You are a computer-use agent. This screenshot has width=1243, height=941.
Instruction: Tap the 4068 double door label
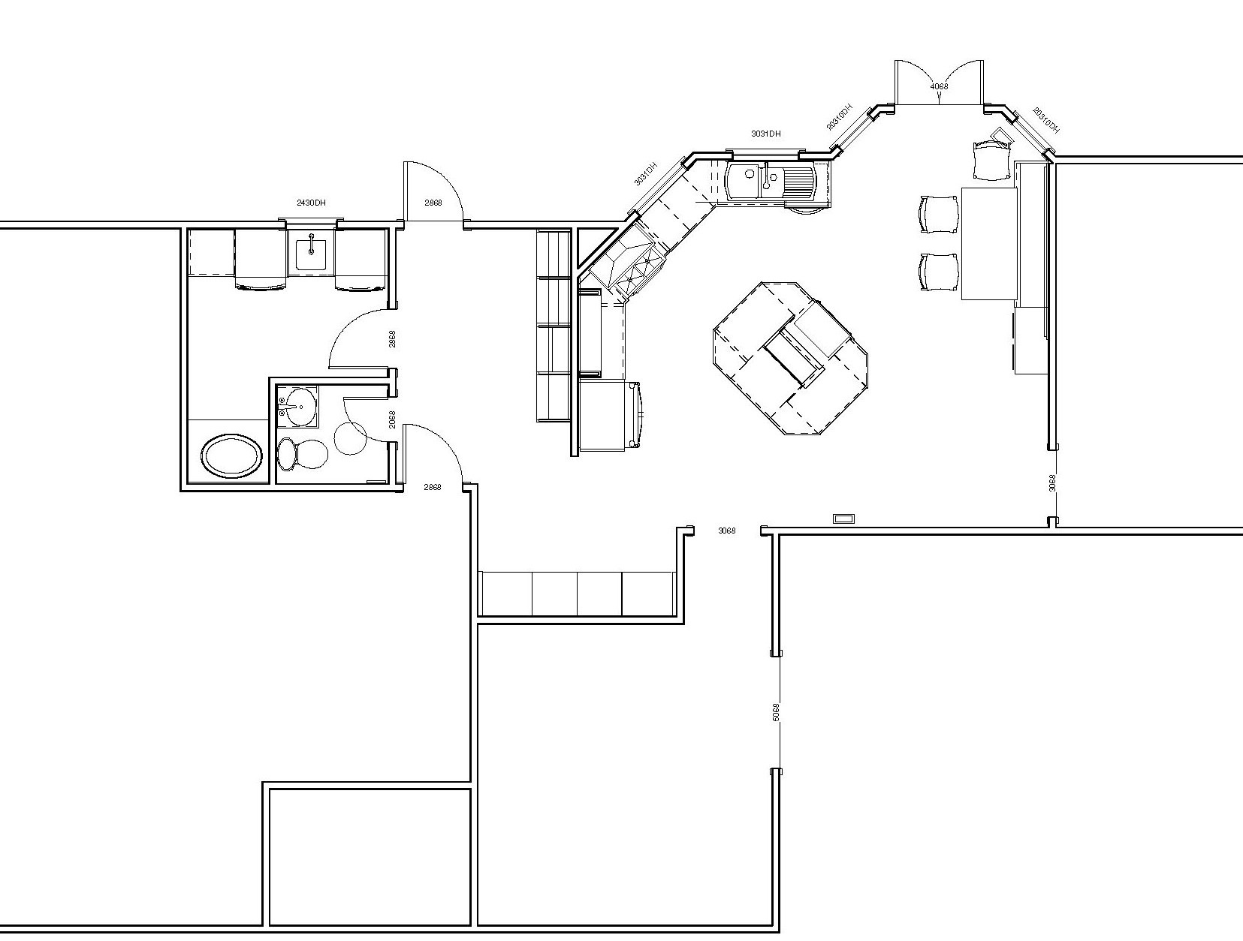pos(939,86)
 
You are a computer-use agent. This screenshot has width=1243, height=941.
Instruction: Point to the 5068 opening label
pos(776,711)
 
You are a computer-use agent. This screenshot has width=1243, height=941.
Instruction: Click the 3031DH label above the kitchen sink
pos(765,134)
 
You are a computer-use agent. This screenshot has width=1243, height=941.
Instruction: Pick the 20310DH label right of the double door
pos(1045,120)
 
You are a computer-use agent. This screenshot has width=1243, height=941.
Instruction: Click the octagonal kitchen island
pos(793,358)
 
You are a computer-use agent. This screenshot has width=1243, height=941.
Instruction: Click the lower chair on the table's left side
pos(939,272)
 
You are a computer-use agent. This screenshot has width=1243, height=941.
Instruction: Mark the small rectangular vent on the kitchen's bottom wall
pos(843,518)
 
